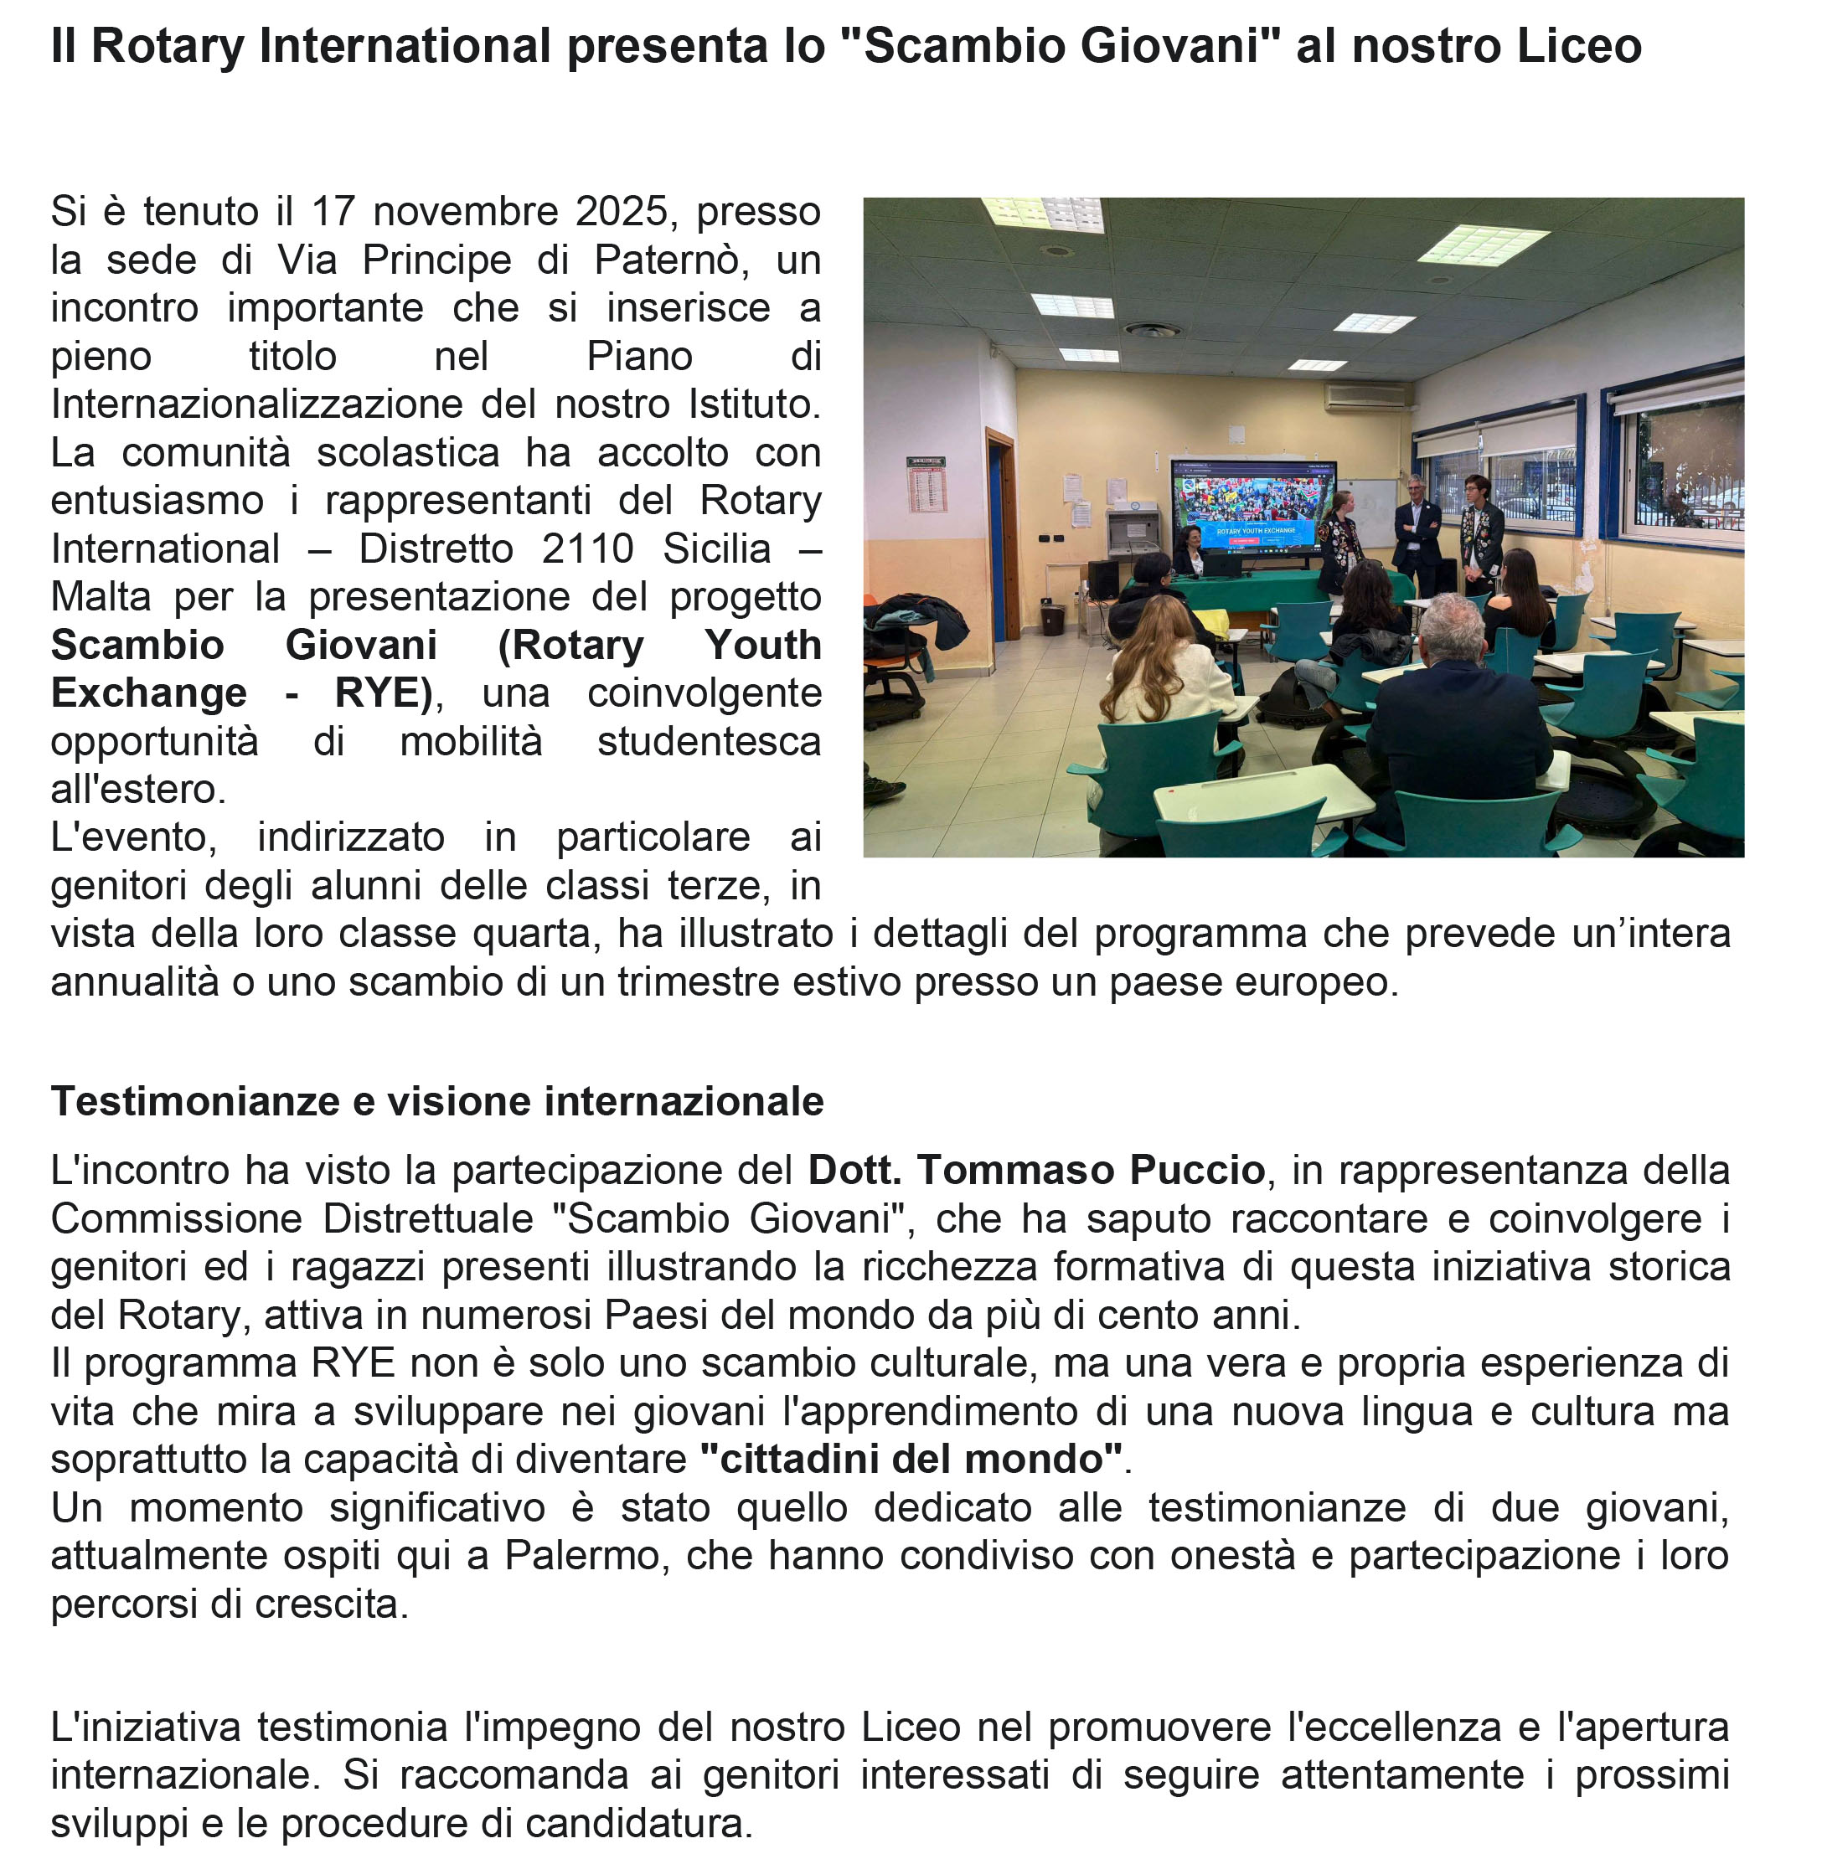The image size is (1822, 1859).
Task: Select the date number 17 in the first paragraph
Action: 333,212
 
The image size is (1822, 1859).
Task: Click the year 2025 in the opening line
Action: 620,212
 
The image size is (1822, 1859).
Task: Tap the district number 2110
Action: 586,548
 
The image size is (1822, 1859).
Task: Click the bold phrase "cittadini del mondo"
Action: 911,1459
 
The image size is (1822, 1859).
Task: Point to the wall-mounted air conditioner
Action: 1365,395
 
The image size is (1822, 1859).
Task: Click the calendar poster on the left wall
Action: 926,485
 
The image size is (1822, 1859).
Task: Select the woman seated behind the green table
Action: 1190,550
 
